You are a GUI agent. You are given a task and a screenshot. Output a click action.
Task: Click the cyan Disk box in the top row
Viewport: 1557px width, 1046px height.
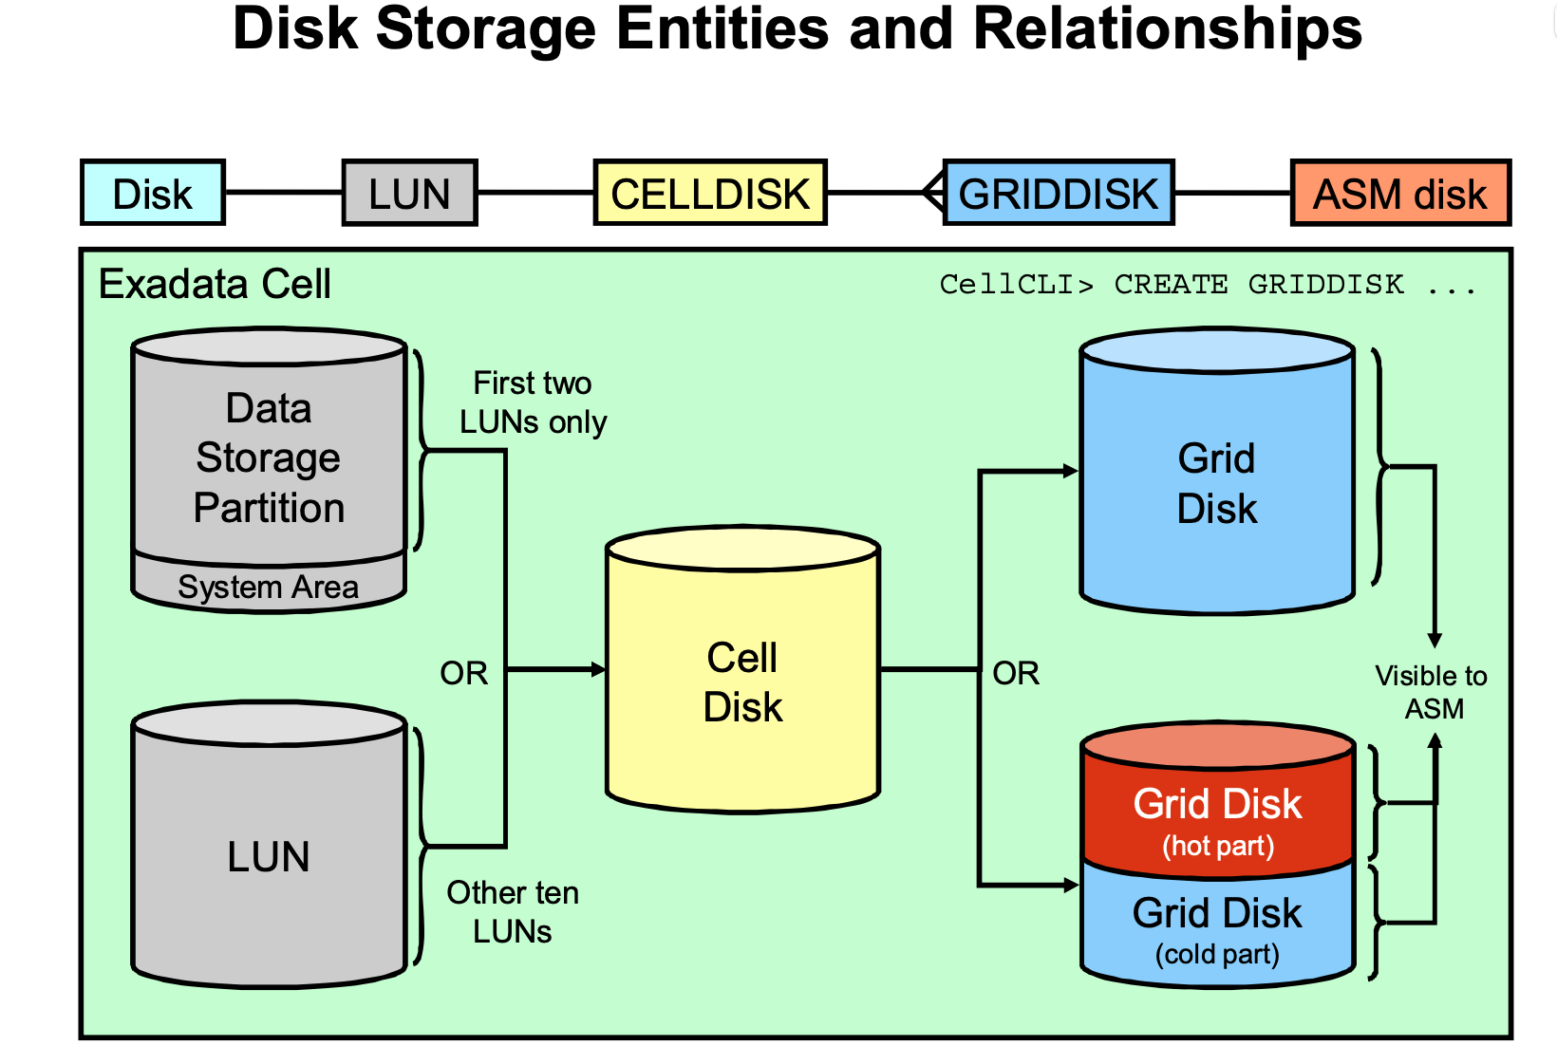[x=153, y=193]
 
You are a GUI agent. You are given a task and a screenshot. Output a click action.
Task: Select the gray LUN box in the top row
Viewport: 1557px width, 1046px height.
[x=409, y=193]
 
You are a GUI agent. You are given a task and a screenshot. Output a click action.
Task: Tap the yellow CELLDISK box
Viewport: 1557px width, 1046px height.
[x=709, y=193]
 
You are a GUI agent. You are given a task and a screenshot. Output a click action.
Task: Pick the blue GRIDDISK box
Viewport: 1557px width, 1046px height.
[x=1059, y=193]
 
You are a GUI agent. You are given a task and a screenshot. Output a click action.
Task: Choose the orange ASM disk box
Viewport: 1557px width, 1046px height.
[x=1399, y=193]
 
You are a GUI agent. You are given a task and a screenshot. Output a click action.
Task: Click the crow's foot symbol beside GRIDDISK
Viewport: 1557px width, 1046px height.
[x=933, y=193]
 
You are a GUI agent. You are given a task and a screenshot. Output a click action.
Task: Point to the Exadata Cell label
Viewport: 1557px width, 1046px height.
[x=215, y=284]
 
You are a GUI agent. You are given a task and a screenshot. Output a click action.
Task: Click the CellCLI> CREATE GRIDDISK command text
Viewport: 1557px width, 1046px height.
[x=1207, y=284]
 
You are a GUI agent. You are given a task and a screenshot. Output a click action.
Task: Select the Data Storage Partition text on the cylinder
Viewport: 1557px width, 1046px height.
[x=269, y=458]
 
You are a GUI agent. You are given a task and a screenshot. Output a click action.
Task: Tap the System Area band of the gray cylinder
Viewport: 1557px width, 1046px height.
[x=269, y=587]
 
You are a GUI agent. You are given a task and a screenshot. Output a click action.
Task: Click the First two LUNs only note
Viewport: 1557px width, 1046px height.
[x=533, y=402]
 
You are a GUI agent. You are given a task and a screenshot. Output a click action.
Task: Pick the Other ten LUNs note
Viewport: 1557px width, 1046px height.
[x=513, y=911]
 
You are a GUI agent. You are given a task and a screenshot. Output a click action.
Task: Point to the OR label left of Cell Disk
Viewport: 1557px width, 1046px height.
[x=463, y=673]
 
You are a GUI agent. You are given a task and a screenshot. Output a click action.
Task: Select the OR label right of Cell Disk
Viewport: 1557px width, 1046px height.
[x=1016, y=673]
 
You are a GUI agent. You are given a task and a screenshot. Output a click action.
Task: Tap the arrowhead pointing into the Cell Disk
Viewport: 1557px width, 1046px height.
[x=598, y=669]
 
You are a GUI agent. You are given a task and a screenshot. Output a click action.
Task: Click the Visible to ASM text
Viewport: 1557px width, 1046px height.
[x=1432, y=692]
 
